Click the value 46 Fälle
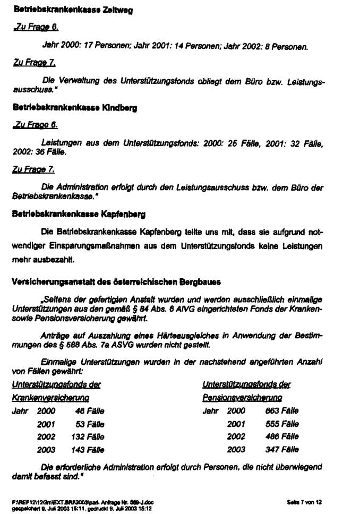[90, 410]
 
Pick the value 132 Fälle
[88, 436]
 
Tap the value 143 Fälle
[88, 450]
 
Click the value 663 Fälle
[282, 410]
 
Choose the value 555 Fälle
[282, 424]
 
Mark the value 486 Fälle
[282, 436]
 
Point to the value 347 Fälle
[282, 450]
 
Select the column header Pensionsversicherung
[242, 397]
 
